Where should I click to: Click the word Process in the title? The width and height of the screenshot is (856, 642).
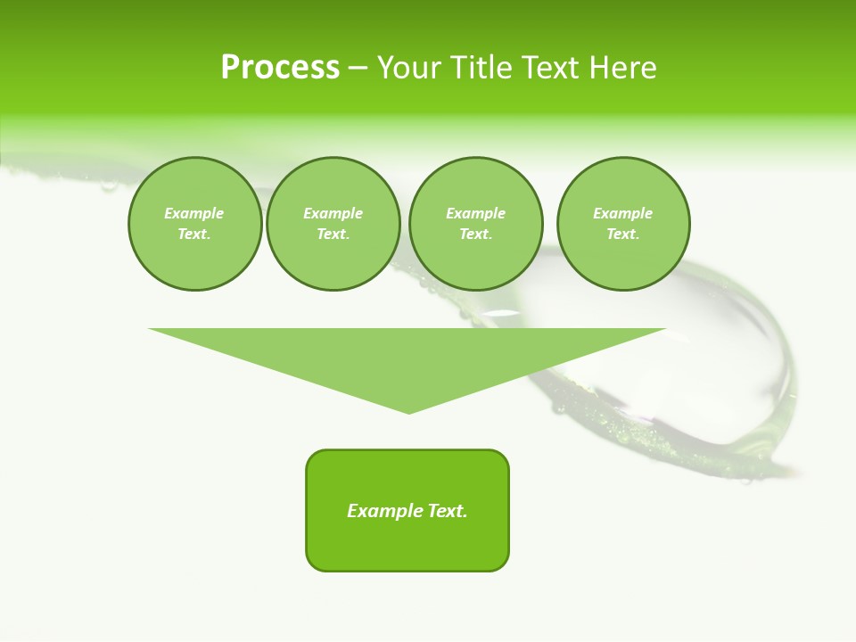coord(280,68)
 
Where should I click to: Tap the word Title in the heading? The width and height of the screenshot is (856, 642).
coord(485,68)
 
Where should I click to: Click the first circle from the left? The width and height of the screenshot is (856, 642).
coord(194,224)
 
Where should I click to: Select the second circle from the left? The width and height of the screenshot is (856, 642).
coord(333,224)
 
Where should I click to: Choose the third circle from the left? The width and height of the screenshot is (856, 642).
coord(475,224)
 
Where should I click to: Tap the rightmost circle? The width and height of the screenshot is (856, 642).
coord(623,224)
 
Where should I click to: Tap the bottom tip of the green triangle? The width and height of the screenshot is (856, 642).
coord(408,411)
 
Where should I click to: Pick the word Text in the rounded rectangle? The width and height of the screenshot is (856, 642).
coord(449,511)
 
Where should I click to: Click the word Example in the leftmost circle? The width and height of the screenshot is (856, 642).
coord(194,213)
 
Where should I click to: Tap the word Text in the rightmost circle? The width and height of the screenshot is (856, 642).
coord(623,235)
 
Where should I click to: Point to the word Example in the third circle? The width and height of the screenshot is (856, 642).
coord(475,213)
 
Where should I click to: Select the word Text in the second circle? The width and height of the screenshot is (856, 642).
coord(333,235)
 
